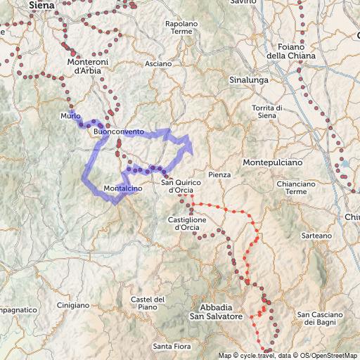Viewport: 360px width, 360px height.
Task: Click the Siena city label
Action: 41,5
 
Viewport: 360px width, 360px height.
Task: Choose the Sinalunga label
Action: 250,80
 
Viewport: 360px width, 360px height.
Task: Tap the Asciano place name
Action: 158,64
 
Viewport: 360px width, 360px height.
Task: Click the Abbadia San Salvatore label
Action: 221,312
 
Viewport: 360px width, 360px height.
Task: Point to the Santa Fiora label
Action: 172,347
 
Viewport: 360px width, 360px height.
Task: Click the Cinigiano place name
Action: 74,305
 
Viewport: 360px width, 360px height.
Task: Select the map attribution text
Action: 288,355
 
